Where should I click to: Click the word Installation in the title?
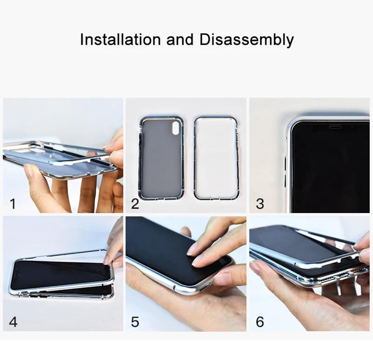(120, 40)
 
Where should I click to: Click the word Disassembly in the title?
(247, 40)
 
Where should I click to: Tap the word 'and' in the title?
(180, 40)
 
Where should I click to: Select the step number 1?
(13, 204)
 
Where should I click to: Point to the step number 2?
(135, 204)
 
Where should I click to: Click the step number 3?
(260, 204)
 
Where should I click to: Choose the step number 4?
(14, 322)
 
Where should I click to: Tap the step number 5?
(135, 322)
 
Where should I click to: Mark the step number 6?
(260, 322)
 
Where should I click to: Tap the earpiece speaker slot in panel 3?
(336, 127)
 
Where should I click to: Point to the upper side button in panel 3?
(286, 164)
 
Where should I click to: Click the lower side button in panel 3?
(286, 181)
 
